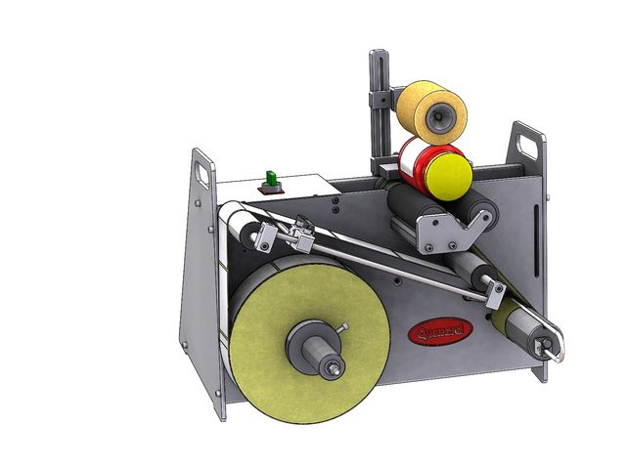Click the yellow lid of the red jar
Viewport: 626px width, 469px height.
[446, 173]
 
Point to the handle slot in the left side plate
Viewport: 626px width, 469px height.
[203, 172]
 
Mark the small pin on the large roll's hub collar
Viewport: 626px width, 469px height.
[344, 327]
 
